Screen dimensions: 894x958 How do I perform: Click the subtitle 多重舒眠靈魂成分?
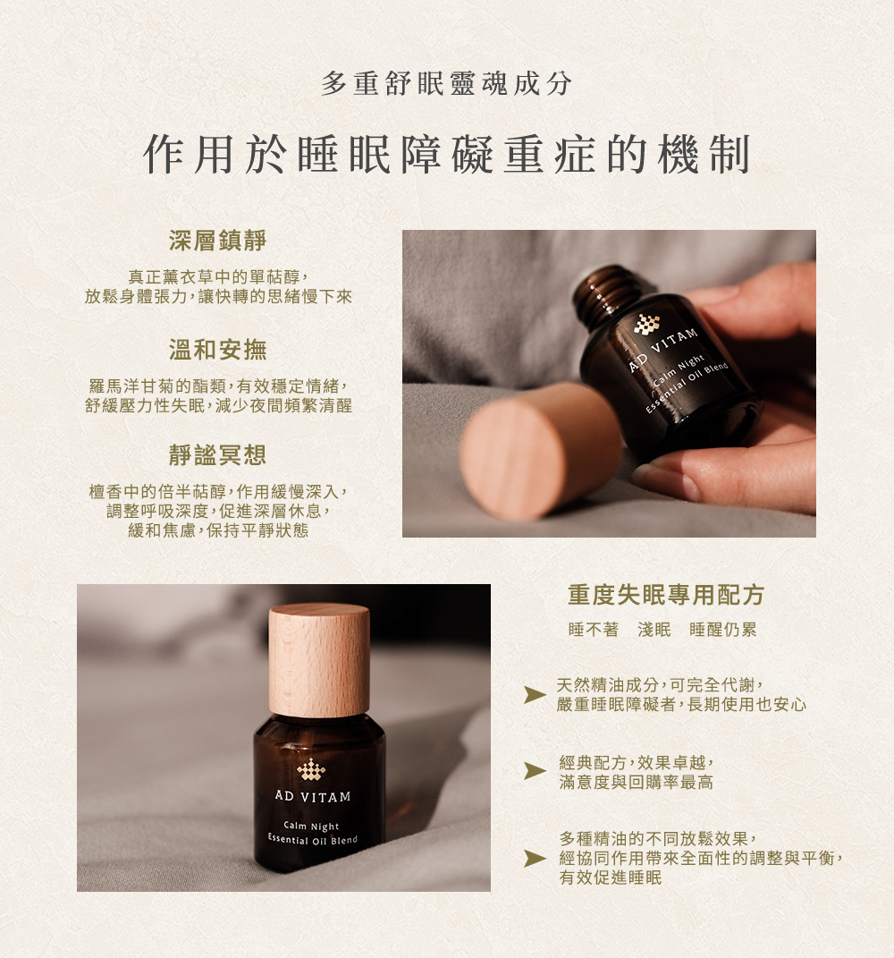(446, 84)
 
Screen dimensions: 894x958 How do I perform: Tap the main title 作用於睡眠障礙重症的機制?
(446, 154)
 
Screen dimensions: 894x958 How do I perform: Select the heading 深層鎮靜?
(218, 240)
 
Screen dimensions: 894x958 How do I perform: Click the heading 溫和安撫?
(218, 350)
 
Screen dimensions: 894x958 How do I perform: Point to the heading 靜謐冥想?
(218, 454)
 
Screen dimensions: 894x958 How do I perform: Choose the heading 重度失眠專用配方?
(666, 595)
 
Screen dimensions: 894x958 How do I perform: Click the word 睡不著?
(594, 630)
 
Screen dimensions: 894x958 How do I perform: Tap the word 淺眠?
(654, 630)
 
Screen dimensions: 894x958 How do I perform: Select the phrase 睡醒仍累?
(723, 630)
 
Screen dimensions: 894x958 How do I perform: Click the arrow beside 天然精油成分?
(535, 695)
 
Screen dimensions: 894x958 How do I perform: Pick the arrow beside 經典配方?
(535, 771)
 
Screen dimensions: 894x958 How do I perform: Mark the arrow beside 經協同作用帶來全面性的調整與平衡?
(535, 859)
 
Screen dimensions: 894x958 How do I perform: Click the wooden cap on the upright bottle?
(319, 660)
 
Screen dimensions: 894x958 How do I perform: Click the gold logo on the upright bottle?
(311, 770)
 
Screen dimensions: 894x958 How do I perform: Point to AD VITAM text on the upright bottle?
(313, 796)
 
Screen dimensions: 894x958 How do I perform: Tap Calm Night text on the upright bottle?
(311, 826)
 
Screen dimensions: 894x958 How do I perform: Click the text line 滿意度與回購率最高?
(636, 782)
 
